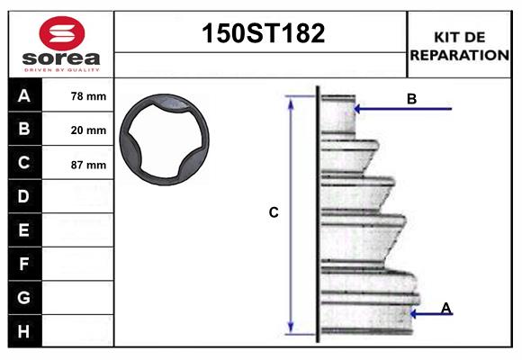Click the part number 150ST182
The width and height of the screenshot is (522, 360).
tap(261, 34)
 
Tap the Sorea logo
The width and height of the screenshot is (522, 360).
tap(61, 45)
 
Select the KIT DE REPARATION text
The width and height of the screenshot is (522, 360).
tap(459, 46)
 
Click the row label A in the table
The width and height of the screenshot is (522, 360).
tap(24, 95)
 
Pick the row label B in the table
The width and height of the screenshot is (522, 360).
tap(24, 130)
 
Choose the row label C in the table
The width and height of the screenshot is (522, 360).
tap(24, 164)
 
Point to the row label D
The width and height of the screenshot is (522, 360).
tap(24, 196)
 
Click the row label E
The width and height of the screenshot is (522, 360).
tap(24, 230)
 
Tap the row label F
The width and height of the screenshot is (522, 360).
tap(24, 265)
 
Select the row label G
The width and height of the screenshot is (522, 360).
tap(24, 297)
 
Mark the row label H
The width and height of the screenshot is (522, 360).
tap(24, 331)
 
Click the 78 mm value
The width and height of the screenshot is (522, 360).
tap(88, 96)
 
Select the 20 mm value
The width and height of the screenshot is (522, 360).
tap(88, 130)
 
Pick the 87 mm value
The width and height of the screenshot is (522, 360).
tap(88, 165)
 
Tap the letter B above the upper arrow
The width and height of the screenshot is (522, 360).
tap(411, 99)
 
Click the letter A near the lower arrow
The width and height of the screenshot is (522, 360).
tap(445, 309)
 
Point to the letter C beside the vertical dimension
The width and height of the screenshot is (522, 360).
tap(274, 212)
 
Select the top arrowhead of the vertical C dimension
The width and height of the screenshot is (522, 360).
tap(291, 102)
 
